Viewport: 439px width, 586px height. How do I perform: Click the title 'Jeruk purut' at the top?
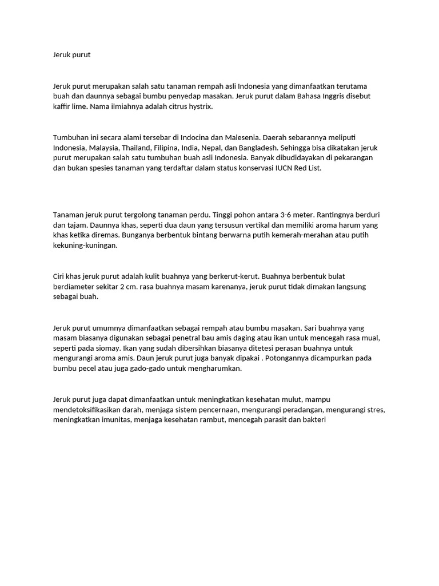click(71, 55)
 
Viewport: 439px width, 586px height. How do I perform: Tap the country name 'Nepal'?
click(221, 148)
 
